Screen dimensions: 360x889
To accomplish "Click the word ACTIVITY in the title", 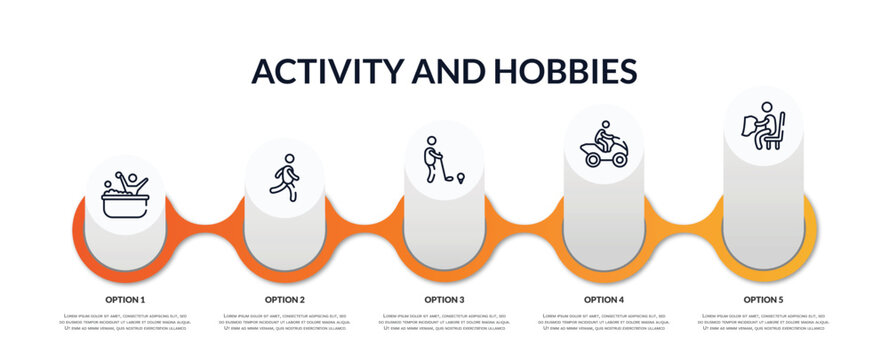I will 328,71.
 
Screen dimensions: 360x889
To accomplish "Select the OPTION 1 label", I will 125,299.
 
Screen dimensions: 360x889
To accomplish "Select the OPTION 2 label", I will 285,299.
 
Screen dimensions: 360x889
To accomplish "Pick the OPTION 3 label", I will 444,299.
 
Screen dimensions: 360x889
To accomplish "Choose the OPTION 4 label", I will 604,299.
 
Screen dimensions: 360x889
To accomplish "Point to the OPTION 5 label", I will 763,299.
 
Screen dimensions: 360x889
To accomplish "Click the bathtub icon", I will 125,196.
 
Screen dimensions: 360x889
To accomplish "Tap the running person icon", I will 285,178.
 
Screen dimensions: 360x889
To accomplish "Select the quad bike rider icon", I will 604,145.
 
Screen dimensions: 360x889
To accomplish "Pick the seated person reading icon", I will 763,126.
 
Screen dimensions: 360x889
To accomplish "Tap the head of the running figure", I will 290,158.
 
